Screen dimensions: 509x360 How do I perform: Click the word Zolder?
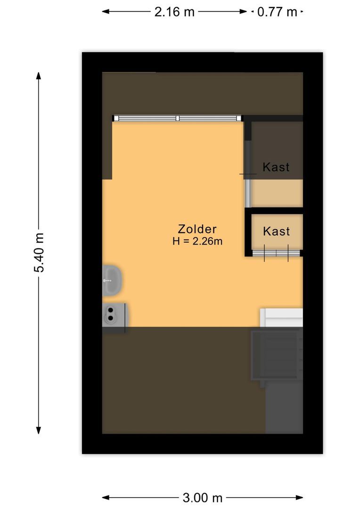coord(197,229)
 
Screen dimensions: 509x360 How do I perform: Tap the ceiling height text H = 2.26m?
coord(197,242)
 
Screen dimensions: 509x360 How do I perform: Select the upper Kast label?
coord(276,167)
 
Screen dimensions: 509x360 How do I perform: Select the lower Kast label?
coord(276,231)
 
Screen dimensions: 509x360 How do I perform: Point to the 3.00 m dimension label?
coord(202,497)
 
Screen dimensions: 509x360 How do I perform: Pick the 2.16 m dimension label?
coord(174,12)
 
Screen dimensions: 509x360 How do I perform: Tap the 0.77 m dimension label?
coord(277,12)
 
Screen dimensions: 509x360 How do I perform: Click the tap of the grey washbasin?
coord(106,280)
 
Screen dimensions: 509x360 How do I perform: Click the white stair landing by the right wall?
coord(282,317)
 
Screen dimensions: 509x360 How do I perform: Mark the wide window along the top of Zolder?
coord(177,118)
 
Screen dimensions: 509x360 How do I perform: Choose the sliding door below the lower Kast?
coord(277,254)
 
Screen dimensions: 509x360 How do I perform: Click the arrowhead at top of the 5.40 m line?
coord(39,75)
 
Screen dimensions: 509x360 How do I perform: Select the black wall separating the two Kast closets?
coord(276,210)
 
